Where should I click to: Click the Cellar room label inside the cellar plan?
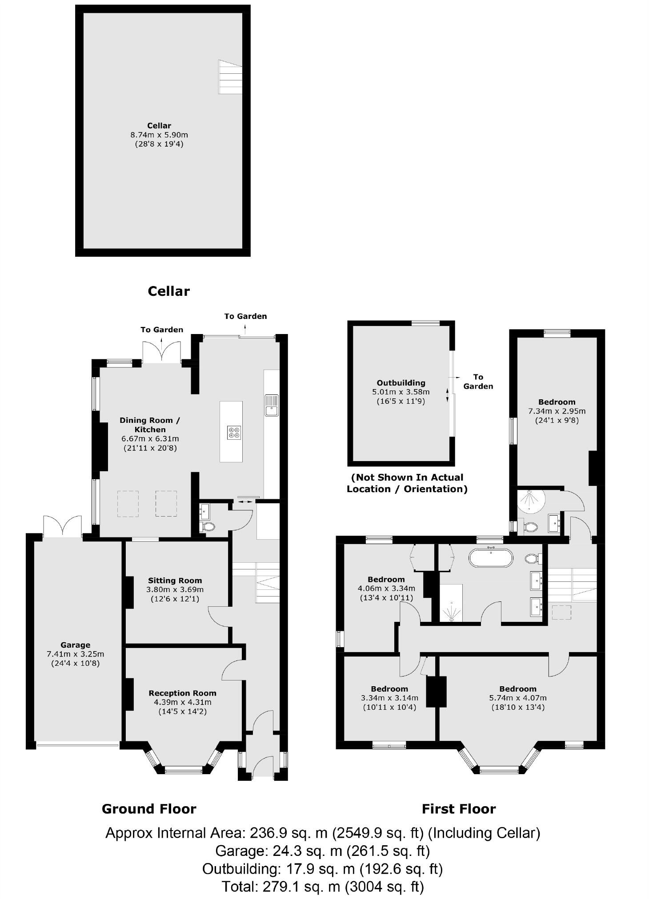click(x=159, y=126)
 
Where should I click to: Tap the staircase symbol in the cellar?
click(x=230, y=77)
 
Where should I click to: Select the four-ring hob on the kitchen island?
click(x=234, y=432)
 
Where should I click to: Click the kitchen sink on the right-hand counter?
click(x=271, y=405)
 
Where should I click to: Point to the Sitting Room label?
click(x=175, y=581)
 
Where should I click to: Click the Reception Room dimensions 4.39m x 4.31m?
click(x=182, y=702)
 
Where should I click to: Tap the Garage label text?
click(x=75, y=645)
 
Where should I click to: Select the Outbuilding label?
click(x=401, y=383)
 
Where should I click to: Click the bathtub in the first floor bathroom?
click(x=491, y=557)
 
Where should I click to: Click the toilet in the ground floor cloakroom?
click(x=208, y=527)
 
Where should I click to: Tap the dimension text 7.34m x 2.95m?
click(x=557, y=411)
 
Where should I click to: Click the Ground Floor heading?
click(x=149, y=809)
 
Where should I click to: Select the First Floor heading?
click(x=458, y=809)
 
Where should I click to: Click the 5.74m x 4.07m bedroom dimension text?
click(x=517, y=698)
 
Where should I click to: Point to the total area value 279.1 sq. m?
click(x=301, y=887)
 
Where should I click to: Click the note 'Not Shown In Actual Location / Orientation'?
click(x=407, y=483)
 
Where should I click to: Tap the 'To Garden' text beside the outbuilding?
click(x=478, y=382)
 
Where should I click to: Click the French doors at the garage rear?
click(x=63, y=526)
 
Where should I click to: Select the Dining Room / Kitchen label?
click(x=150, y=425)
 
